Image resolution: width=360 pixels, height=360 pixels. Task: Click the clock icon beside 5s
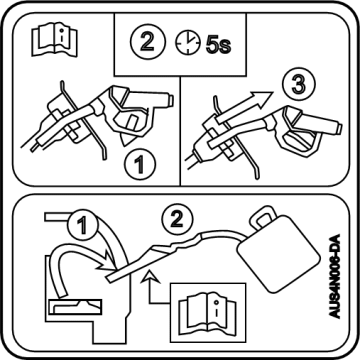click(x=188, y=44)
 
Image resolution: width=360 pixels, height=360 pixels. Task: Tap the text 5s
click(x=218, y=45)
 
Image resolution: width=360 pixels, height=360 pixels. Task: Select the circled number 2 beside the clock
click(x=148, y=42)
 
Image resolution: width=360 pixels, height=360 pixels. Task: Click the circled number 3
click(x=298, y=85)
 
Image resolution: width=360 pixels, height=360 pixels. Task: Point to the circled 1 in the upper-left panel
click(x=140, y=164)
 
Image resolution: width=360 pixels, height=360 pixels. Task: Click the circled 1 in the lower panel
click(x=82, y=225)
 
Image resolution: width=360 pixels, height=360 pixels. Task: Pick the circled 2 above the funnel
click(x=177, y=219)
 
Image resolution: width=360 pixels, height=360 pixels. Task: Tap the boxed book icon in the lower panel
click(x=207, y=312)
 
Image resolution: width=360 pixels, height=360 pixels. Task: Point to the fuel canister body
click(x=278, y=254)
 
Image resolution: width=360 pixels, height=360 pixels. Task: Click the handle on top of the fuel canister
click(x=265, y=216)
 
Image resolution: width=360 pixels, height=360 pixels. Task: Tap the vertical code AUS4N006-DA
click(x=334, y=276)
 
